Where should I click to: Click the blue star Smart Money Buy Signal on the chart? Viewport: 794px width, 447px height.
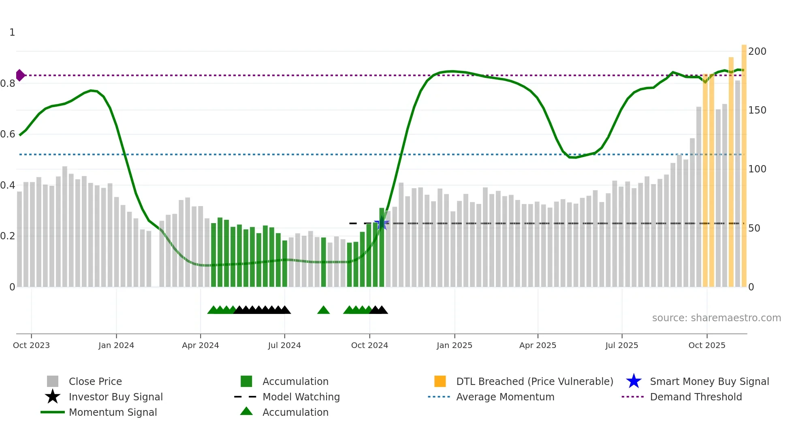pos(382,223)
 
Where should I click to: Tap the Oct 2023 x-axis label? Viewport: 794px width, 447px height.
pos(31,345)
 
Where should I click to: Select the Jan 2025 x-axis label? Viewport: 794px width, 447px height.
pos(454,345)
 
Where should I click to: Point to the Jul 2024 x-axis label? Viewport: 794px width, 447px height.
pos(284,345)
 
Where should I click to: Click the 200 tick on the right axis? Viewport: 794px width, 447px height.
pos(757,52)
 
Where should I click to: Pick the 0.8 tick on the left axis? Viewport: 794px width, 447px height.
pos(8,84)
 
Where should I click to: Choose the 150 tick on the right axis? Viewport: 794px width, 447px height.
pos(757,110)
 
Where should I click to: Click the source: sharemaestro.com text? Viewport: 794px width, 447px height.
pos(716,318)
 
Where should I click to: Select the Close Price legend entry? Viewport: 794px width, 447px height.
pos(95,381)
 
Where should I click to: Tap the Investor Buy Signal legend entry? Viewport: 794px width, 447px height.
pos(115,397)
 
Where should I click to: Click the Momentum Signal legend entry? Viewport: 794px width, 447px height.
pos(113,412)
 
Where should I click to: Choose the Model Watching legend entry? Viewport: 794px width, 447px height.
pos(301,397)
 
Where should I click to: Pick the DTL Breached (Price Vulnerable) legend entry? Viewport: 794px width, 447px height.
pos(534,381)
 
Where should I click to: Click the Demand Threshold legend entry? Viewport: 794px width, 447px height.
pos(696,397)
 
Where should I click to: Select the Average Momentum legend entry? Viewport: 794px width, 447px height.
pos(505,397)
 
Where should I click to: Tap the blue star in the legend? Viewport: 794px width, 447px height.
pos(634,381)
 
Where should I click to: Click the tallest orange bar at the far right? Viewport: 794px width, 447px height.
pos(744,162)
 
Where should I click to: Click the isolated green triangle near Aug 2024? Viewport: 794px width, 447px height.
pos(323,310)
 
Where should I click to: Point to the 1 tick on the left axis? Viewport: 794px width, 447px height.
pos(12,32)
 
